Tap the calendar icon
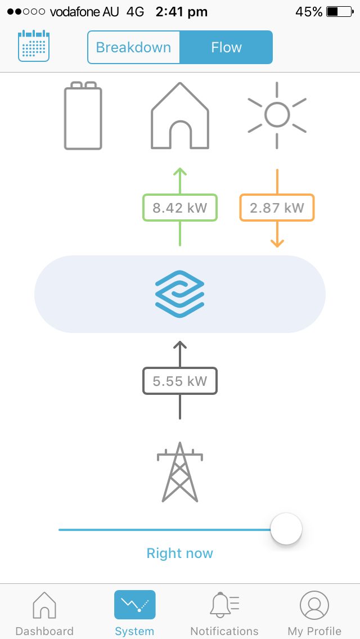[33, 46]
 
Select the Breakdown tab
[133, 47]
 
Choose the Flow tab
[226, 47]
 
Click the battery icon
[83, 116]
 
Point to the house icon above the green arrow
[180, 116]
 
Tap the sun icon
[277, 115]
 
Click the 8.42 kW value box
[180, 208]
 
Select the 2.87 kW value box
[277, 208]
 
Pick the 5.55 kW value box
[180, 381]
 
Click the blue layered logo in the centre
[180, 294]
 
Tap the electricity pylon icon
[180, 472]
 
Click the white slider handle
[286, 529]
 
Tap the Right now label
[180, 553]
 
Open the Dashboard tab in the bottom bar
[44, 614]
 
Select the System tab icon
[134, 605]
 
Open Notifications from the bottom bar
[224, 614]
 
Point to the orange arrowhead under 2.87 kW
[277, 243]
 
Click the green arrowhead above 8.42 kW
[180, 172]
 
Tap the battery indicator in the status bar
[340, 12]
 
